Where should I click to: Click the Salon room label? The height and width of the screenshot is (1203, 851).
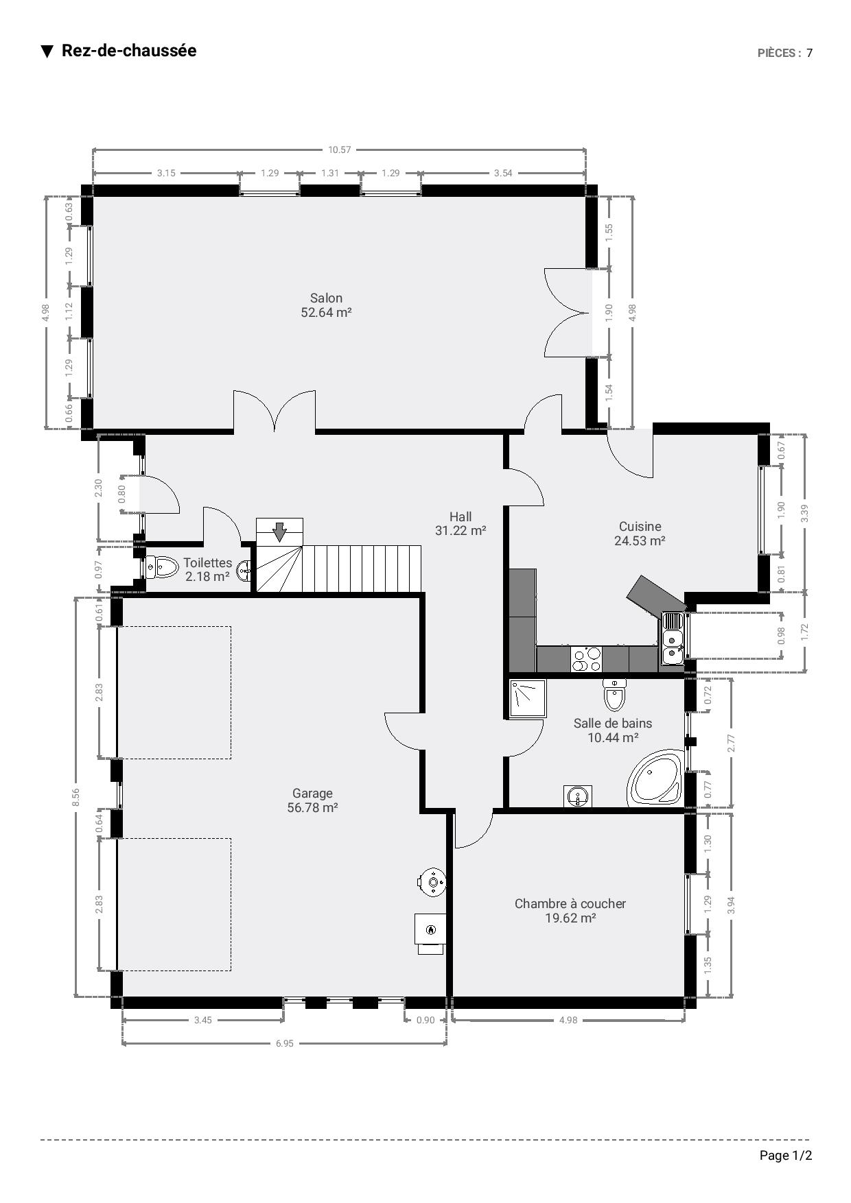click(x=326, y=298)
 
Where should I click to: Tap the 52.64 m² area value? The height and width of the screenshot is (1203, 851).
click(x=326, y=312)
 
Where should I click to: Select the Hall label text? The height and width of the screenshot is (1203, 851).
click(x=461, y=516)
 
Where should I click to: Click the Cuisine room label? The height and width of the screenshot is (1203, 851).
click(x=640, y=526)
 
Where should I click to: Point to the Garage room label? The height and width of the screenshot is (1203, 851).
click(x=312, y=794)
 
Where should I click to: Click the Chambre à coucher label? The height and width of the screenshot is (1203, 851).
click(x=570, y=903)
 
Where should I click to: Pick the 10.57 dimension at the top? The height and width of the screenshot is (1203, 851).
click(x=339, y=150)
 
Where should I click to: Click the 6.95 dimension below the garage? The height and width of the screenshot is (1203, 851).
click(x=284, y=1043)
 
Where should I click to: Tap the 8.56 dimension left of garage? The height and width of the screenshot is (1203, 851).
click(x=76, y=796)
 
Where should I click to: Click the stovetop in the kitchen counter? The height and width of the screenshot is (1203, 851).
click(x=586, y=659)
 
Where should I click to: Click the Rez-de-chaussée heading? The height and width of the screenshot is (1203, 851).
click(x=129, y=51)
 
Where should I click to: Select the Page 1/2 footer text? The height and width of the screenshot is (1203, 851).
click(x=786, y=1156)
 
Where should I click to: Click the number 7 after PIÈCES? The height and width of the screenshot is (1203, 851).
click(x=810, y=53)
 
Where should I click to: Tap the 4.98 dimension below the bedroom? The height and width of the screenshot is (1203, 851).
click(x=568, y=1020)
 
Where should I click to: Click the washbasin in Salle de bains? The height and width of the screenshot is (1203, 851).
click(x=578, y=796)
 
